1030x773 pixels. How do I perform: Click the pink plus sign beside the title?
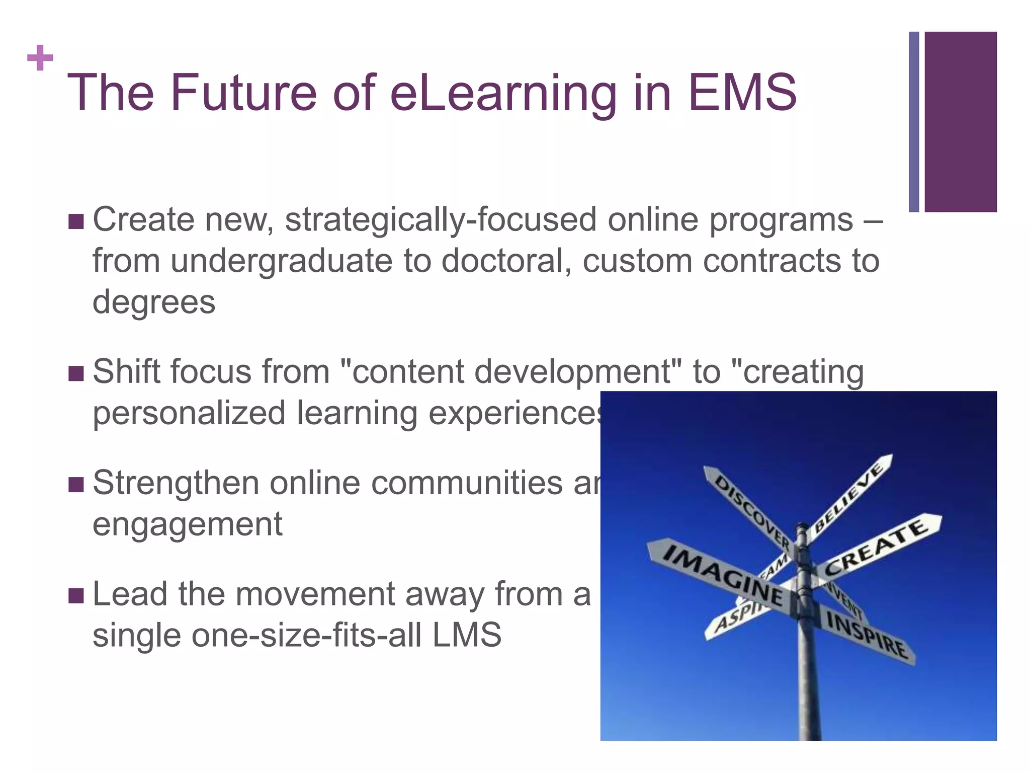point(40,58)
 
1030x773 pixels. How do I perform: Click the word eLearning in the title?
point(503,93)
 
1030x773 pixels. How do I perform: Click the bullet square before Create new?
point(76,221)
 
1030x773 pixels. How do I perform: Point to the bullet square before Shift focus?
point(76,373)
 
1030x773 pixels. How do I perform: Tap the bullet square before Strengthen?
point(76,484)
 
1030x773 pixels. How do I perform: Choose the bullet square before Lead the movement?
point(76,595)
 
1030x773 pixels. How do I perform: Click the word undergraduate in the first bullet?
point(281,262)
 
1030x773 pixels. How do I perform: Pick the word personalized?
point(189,414)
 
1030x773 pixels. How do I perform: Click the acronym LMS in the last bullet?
point(466,635)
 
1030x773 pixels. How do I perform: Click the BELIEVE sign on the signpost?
point(849,498)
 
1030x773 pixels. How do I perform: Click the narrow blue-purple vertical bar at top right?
point(914,122)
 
